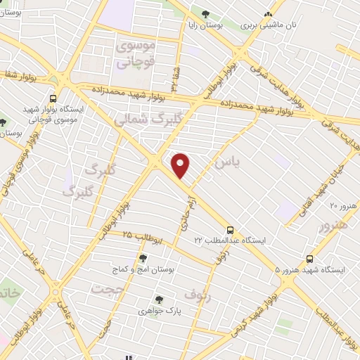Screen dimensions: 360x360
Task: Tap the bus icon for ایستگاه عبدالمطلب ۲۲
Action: [x=230, y=230]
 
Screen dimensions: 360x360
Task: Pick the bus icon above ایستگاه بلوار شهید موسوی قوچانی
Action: [x=53, y=99]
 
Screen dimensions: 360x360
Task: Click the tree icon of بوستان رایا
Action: [x=205, y=14]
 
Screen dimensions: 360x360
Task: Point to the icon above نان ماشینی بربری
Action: [x=267, y=14]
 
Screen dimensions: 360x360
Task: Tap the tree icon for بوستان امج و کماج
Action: [x=143, y=258]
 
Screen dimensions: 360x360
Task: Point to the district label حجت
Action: [x=107, y=288]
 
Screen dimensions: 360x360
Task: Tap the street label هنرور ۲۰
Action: [x=344, y=205]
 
